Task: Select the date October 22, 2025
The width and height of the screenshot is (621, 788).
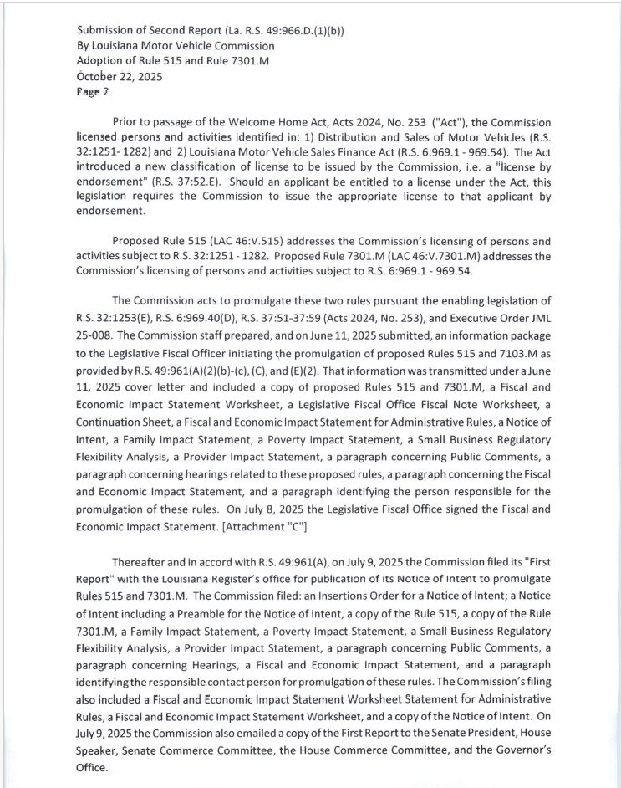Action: pyautogui.click(x=120, y=76)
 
